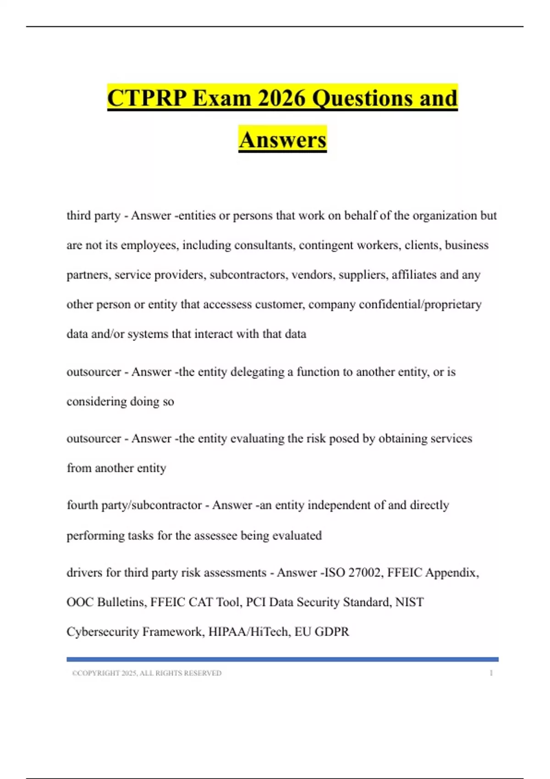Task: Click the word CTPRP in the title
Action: tap(147, 98)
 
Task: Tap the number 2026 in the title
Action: tap(281, 98)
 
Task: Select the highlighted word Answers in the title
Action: tap(282, 140)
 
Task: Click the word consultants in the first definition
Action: tap(264, 245)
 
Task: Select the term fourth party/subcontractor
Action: tap(134, 505)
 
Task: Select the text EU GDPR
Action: tap(322, 632)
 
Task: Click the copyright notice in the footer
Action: tap(147, 673)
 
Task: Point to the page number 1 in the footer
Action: tap(491, 673)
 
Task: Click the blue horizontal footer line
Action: tap(282, 659)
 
